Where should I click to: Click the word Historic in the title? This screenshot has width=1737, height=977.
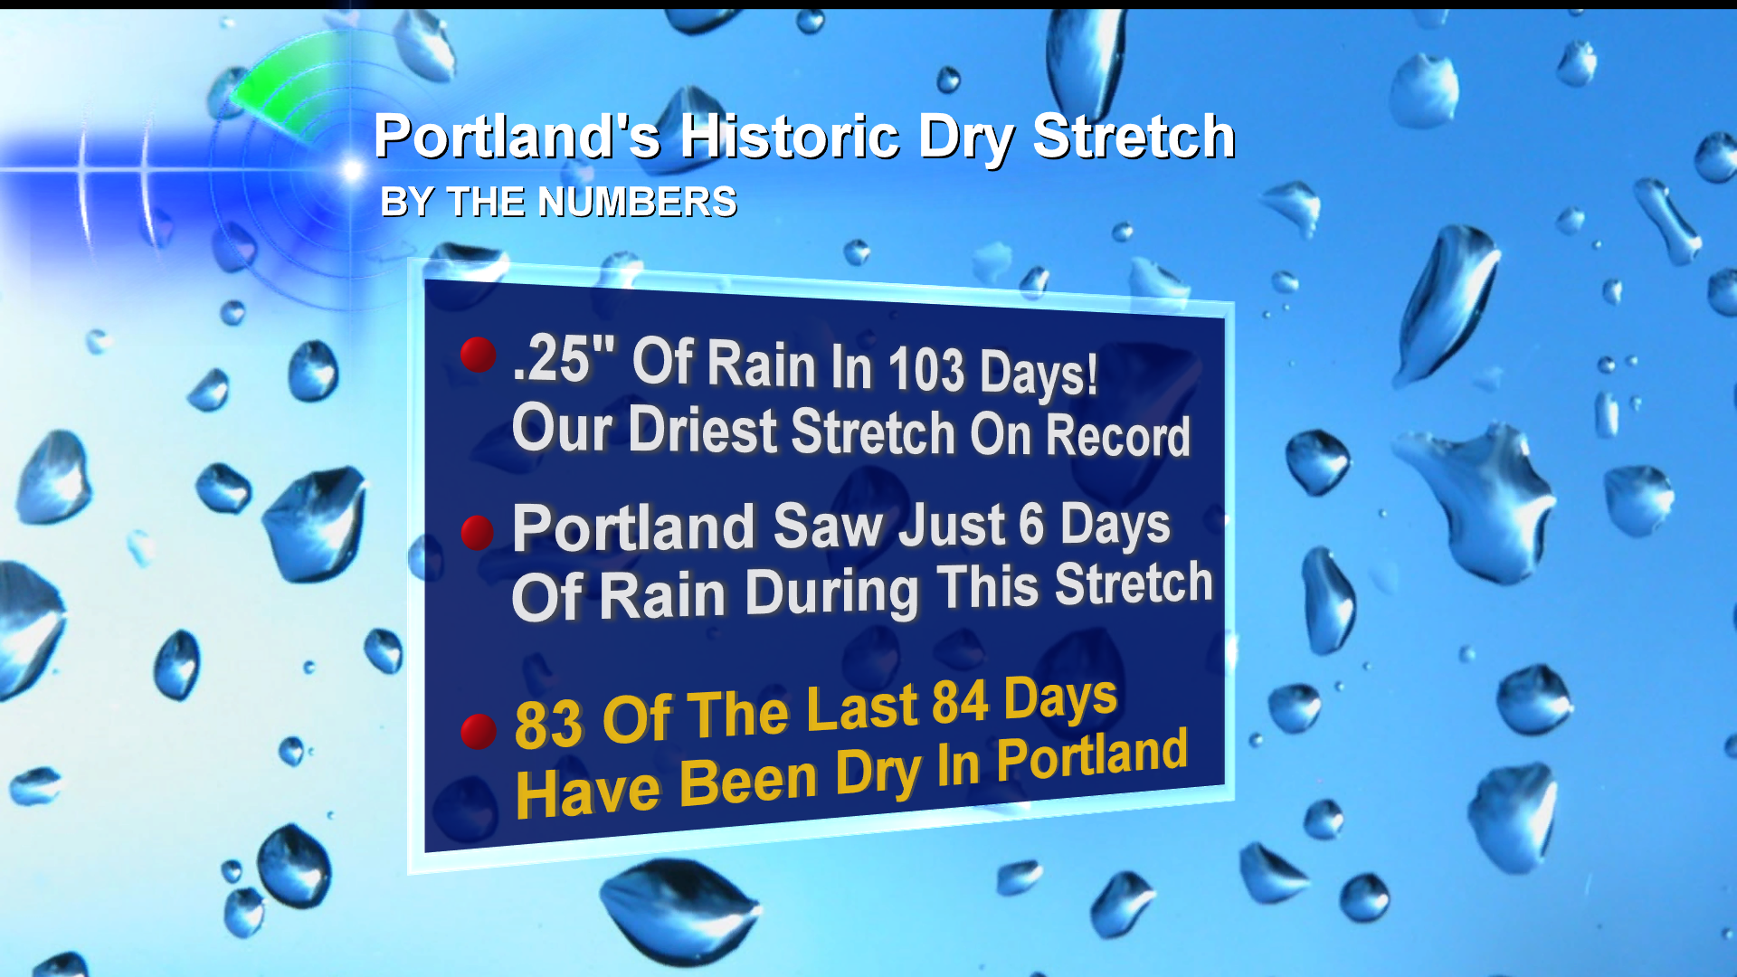point(790,137)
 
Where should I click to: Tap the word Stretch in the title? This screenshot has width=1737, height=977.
point(1134,137)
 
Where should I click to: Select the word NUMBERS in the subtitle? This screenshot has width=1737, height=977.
point(637,202)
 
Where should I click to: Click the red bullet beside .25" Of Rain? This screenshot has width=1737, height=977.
point(478,355)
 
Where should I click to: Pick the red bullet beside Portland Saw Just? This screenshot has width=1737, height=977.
point(478,533)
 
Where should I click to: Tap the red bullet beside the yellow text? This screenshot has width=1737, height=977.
point(479,731)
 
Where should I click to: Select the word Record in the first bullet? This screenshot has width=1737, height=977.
point(1118,436)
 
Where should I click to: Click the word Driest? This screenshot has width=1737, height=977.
point(703,430)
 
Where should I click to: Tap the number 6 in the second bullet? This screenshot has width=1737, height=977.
point(1031,524)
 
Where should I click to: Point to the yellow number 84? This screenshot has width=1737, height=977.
point(960,702)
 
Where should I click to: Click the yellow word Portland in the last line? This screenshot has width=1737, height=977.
point(1092,756)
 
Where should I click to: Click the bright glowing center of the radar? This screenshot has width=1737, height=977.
point(352,169)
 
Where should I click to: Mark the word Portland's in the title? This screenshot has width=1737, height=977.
point(517,137)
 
